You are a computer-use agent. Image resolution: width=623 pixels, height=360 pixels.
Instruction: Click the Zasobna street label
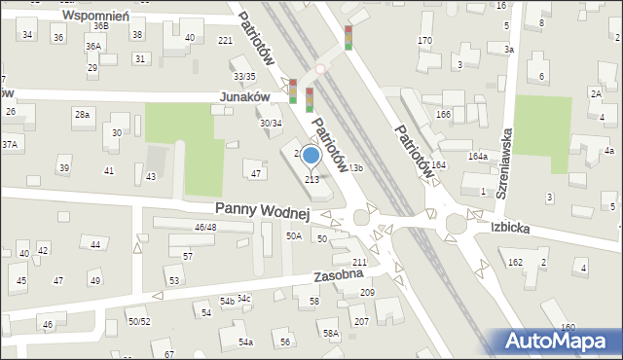tap(339, 276)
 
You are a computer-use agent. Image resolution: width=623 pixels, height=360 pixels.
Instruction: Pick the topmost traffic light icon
tap(348, 38)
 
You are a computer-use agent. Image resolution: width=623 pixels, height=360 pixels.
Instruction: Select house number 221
tap(225, 40)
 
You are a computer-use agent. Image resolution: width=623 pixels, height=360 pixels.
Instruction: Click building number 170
tap(424, 40)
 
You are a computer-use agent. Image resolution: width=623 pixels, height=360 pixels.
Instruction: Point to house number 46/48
tap(204, 227)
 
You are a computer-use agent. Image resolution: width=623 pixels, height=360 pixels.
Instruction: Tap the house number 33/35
tap(244, 76)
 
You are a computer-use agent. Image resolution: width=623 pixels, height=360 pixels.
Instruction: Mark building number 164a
tap(477, 156)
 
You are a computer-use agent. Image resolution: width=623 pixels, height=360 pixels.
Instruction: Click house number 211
tap(359, 263)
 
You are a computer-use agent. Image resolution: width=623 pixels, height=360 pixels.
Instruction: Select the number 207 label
tap(360, 321)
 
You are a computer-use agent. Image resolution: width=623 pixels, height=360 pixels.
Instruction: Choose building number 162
tap(515, 263)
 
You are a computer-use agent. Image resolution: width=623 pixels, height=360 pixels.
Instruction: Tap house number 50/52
tap(138, 321)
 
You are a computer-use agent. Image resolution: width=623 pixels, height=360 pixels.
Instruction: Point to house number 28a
tap(82, 115)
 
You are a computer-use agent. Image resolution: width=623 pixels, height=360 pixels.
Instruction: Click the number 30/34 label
tap(270, 123)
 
